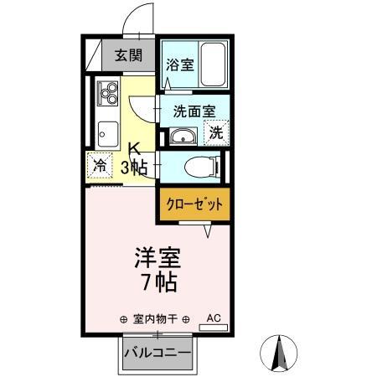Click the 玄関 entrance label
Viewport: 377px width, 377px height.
pyautogui.click(x=127, y=57)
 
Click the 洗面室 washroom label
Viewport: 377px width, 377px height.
pyautogui.click(x=194, y=111)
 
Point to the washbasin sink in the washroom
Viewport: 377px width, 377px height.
pyautogui.click(x=182, y=137)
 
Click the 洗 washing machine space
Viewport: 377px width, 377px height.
pyautogui.click(x=216, y=132)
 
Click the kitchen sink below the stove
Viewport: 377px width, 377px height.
pyautogui.click(x=108, y=132)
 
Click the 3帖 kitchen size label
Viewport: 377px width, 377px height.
pyautogui.click(x=133, y=167)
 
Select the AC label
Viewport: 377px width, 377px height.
pyautogui.click(x=213, y=318)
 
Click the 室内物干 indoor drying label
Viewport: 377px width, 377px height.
pyautogui.click(x=153, y=319)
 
